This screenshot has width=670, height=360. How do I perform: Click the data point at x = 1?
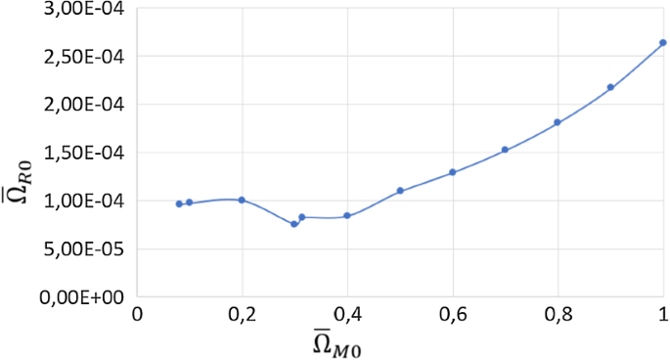[662, 43]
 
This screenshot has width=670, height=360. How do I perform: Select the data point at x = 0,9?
[610, 87]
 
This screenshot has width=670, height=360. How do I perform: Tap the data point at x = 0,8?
[558, 122]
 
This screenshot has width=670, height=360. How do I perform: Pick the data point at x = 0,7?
[505, 150]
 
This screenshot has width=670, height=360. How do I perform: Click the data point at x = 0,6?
[453, 172]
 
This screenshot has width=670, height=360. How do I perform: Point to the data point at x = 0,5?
[400, 191]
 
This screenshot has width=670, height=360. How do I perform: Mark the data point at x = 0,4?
[347, 215]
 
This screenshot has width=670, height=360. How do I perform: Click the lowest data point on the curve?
[293, 224]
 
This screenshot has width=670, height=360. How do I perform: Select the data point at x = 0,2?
[242, 200]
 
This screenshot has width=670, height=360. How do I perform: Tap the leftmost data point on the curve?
[179, 203]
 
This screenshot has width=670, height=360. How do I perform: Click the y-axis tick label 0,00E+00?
[86, 296]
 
